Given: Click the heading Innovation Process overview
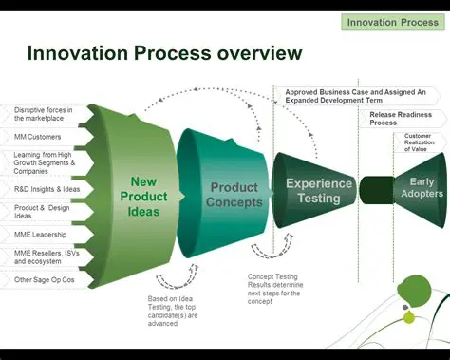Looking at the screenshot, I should [x=165, y=53].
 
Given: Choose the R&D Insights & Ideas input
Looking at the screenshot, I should [x=45, y=189].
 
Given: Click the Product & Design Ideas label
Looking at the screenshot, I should [x=44, y=212].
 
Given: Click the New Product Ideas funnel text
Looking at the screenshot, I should [x=143, y=196].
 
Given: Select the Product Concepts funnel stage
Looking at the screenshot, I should [x=234, y=195].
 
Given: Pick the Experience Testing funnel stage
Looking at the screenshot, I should [x=319, y=191].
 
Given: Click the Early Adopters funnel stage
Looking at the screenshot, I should [x=419, y=187].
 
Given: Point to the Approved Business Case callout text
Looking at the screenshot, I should [x=355, y=96].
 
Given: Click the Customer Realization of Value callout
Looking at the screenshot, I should [x=417, y=142].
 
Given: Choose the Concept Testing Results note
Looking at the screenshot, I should [x=272, y=289].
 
